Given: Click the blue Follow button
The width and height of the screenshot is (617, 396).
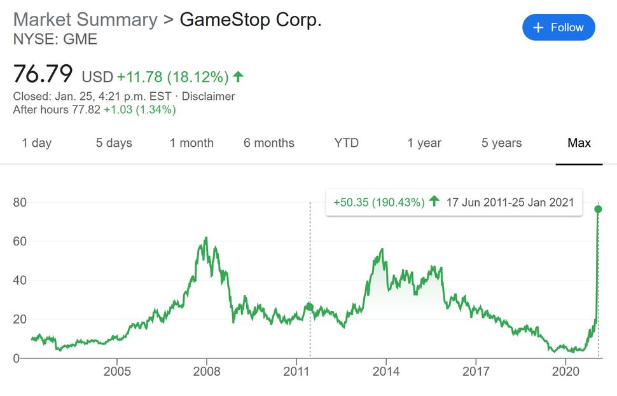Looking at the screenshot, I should pos(558,27).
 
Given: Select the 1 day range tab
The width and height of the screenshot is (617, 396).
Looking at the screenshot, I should pos(36,143).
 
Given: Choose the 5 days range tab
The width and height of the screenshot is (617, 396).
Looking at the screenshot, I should pos(114,143).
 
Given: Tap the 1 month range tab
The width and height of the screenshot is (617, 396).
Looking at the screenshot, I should pos(191,143).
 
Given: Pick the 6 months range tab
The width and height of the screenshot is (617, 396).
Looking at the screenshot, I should pos(269,143).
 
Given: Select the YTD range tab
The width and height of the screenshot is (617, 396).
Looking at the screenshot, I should pos(347,143).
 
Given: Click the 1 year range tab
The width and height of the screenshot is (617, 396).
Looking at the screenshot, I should pos(424,143).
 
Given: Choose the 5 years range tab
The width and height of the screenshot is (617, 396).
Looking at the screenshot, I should pos(502,143).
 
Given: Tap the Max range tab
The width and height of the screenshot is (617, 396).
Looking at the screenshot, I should pos(579,143).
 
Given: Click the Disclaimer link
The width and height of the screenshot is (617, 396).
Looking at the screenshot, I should pos(209,97).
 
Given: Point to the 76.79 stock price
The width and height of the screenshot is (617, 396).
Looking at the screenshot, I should pos(43,74).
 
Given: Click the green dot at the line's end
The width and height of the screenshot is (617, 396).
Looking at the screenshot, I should pos(598,209).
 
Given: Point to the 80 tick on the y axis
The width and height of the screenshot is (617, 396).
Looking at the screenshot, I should pos(22,203).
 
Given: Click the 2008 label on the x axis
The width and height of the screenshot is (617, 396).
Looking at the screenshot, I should pos(207,371).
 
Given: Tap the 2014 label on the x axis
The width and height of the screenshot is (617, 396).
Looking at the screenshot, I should pos(386,371).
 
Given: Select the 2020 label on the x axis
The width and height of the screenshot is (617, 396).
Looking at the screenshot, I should pos(565,371).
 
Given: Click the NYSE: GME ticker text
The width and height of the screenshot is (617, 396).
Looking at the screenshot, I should pos(55,39).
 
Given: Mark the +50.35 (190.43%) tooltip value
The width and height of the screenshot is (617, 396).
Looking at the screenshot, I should pos(379,203).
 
